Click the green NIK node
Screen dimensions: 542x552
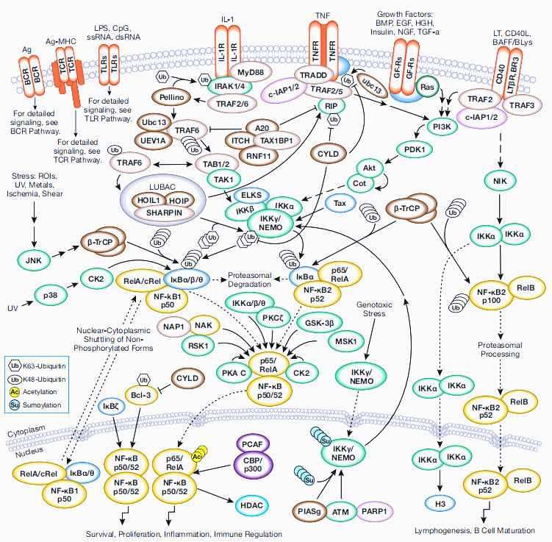(x=501, y=179)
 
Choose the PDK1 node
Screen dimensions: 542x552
(x=410, y=149)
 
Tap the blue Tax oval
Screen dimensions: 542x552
(x=340, y=202)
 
